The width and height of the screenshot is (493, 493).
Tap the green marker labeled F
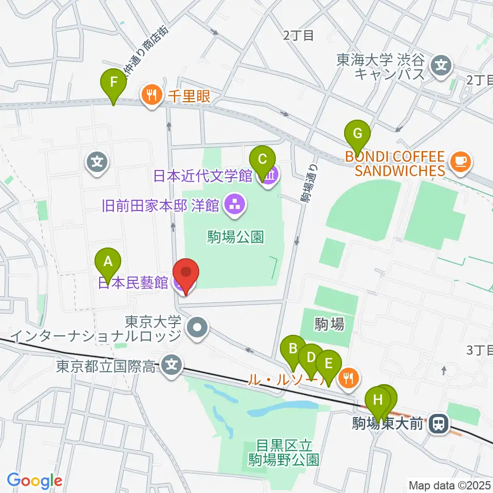[x=114, y=82]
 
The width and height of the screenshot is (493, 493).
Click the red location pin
[x=185, y=274]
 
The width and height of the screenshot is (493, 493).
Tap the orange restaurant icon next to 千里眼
[x=151, y=94]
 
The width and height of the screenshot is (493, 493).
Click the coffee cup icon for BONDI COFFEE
[x=459, y=161]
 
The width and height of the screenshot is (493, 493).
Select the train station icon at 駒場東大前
[x=438, y=424]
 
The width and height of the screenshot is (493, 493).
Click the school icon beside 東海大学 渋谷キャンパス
[x=441, y=65]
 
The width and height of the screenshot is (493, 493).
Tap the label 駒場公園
[x=236, y=237]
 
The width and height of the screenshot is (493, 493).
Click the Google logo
[x=34, y=481]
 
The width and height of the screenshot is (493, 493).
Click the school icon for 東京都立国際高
[x=172, y=366]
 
